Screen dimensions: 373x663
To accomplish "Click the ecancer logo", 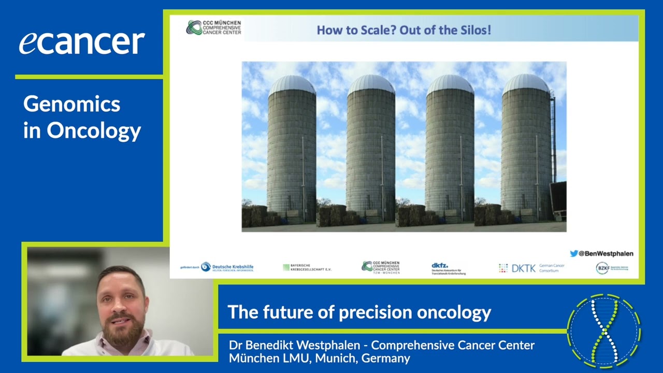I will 82,42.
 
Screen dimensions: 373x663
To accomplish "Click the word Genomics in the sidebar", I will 71,104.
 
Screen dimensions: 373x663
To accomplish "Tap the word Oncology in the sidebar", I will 94,131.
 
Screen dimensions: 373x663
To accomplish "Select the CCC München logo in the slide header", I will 213,27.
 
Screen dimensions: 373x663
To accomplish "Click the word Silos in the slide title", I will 472,30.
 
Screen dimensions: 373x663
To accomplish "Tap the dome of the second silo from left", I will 371,84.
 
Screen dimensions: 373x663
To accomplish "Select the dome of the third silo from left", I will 450,84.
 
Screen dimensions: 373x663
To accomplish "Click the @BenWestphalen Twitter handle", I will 606,254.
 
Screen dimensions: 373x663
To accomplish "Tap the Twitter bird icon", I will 573,254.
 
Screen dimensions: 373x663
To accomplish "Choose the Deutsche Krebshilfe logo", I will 217,267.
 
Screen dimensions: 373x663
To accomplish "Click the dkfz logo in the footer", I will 448,268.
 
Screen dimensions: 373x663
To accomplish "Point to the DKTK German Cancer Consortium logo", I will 531,268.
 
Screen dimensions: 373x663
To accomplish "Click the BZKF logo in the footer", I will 612,268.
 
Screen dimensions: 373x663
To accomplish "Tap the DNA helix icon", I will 604,331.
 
